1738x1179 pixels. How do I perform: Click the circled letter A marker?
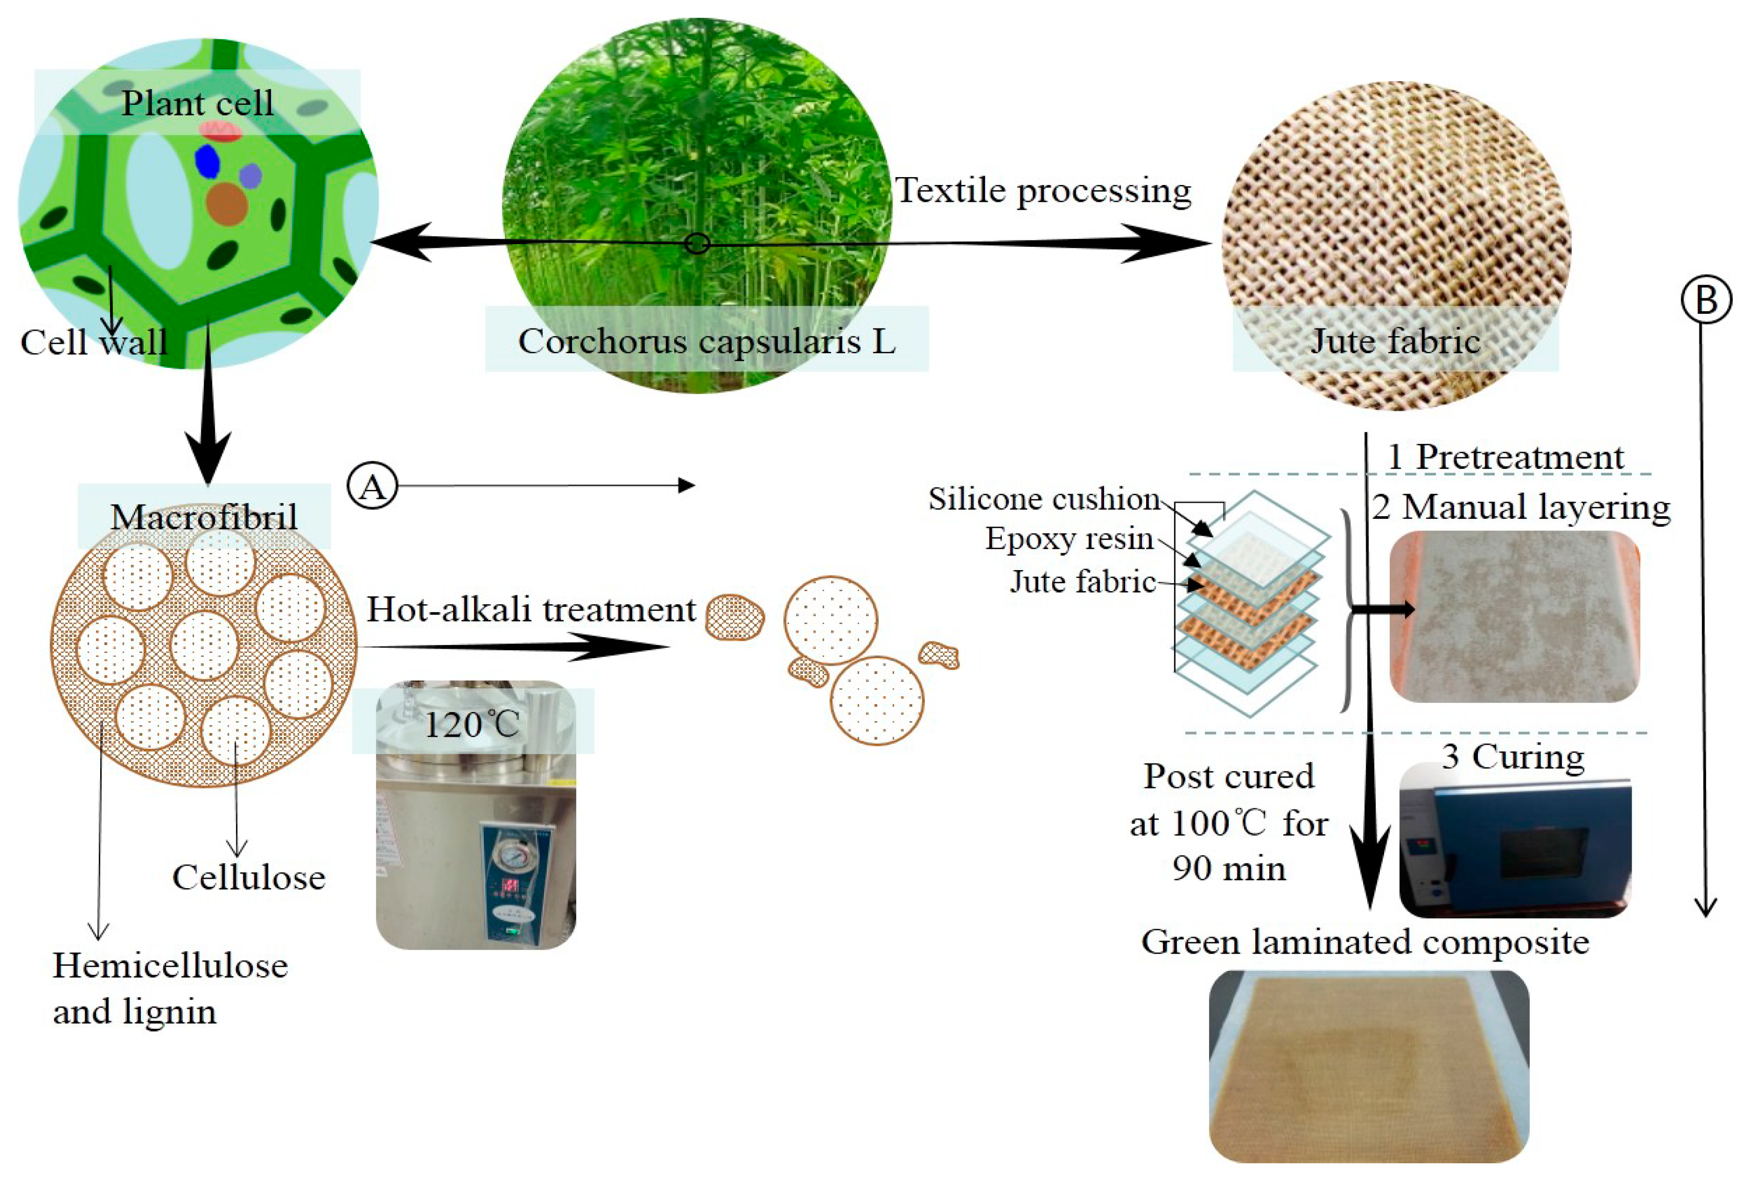(372, 487)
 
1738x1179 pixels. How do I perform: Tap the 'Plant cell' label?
(198, 103)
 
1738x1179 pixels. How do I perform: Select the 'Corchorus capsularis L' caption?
(706, 342)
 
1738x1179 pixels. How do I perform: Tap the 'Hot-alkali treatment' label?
(531, 610)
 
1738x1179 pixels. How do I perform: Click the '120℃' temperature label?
(472, 724)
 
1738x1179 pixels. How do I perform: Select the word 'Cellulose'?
(249, 878)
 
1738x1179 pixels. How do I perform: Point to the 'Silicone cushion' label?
(1044, 499)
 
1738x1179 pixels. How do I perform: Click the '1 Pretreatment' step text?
(1505, 457)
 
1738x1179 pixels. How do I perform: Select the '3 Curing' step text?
(1512, 757)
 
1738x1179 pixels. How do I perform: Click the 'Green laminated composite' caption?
(1365, 942)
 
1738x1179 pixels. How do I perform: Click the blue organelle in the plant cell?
(207, 161)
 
